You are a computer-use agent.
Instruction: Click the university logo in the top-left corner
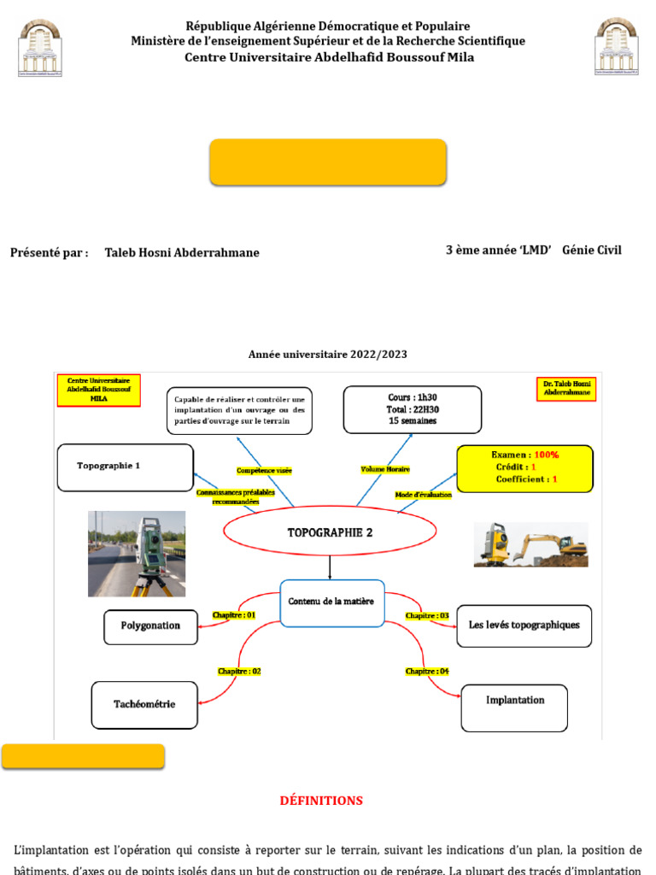40,47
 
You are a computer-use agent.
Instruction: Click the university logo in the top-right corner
616,47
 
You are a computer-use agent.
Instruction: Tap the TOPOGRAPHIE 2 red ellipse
330,531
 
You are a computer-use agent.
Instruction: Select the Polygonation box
150,626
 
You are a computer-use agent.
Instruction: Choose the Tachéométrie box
144,705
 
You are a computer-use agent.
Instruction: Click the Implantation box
514,708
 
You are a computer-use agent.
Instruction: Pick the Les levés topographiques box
524,625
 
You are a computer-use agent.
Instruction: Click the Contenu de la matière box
331,602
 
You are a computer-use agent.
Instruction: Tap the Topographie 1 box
125,467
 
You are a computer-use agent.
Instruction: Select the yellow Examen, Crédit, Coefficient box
524,467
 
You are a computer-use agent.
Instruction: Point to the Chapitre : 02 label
239,672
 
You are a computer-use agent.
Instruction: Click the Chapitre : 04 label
427,672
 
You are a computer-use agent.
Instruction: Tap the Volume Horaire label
385,469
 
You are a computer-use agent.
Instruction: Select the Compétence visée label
264,471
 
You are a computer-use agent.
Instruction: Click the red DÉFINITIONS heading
321,801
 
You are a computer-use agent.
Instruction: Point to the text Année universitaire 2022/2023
328,355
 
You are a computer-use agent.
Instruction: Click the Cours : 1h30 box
412,409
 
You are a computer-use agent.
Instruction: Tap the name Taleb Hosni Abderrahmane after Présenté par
182,253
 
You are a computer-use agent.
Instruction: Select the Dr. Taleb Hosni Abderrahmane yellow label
566,389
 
